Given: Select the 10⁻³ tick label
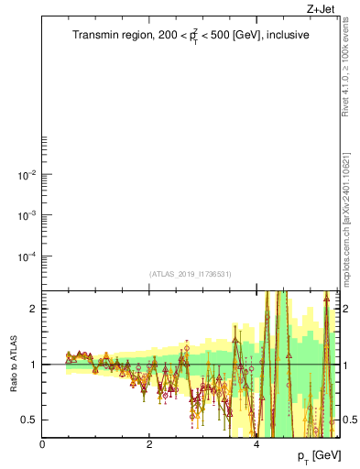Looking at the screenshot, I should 26,215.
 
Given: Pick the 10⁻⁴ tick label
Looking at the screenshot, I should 26,256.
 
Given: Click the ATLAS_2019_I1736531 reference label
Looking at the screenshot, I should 191,274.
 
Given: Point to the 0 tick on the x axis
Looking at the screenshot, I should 42,444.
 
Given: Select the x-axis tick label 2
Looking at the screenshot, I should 149,444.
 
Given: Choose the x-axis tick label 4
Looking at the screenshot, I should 256,444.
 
